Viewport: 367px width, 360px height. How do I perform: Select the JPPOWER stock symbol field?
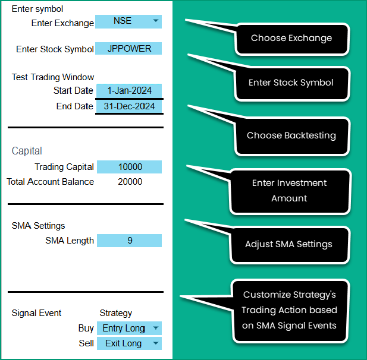point(128,49)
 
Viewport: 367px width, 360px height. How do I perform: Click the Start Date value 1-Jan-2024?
point(128,91)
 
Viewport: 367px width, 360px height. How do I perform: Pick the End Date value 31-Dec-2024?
point(128,106)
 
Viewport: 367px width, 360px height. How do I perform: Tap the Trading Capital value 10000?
point(129,168)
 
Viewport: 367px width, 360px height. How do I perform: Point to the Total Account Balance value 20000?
point(130,182)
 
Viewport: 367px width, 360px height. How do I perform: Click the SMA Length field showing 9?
point(129,241)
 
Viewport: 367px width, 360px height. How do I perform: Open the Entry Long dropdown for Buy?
point(128,329)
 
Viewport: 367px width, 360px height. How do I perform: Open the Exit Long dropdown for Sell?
point(128,343)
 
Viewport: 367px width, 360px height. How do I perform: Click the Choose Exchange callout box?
point(291,38)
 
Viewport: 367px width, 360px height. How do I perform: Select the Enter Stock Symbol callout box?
point(291,83)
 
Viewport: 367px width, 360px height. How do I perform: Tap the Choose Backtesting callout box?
point(291,135)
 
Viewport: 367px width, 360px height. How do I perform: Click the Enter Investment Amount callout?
point(289,191)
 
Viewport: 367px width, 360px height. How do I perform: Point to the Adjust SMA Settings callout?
point(288,244)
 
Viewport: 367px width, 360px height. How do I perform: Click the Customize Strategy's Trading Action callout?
point(290,310)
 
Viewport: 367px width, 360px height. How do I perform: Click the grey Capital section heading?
point(27,151)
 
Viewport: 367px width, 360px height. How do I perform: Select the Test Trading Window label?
point(53,77)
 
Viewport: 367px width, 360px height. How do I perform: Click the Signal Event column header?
point(36,313)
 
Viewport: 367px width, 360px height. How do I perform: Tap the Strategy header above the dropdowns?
point(115,313)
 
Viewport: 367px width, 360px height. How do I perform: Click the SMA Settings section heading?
point(38,226)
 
